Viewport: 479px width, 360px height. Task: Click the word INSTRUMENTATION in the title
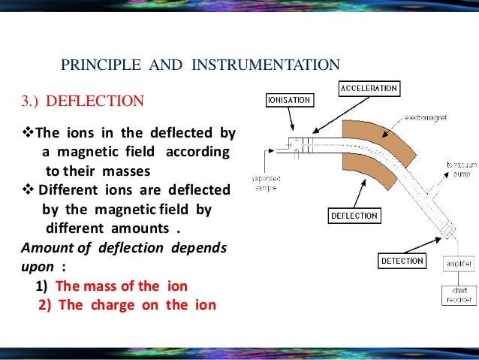point(266,65)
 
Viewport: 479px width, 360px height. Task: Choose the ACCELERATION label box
point(368,88)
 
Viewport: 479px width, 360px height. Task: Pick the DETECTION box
point(402,262)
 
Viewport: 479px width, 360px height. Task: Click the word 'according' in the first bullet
point(198,152)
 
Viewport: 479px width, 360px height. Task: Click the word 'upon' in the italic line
point(38,266)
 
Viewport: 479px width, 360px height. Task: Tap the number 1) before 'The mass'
point(41,286)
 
